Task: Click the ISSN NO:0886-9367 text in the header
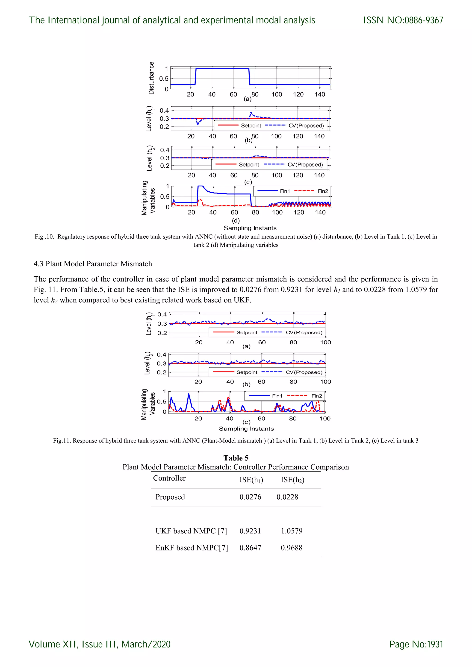(403, 20)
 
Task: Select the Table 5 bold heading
(236, 458)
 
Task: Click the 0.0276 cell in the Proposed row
(250, 497)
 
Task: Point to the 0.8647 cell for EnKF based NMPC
(250, 548)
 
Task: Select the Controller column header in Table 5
(169, 478)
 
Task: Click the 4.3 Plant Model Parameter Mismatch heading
(93, 263)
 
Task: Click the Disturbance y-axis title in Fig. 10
(151, 78)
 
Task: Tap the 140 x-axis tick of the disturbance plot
(320, 94)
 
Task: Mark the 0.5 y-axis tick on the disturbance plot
(164, 79)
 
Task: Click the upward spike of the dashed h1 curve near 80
(251, 112)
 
